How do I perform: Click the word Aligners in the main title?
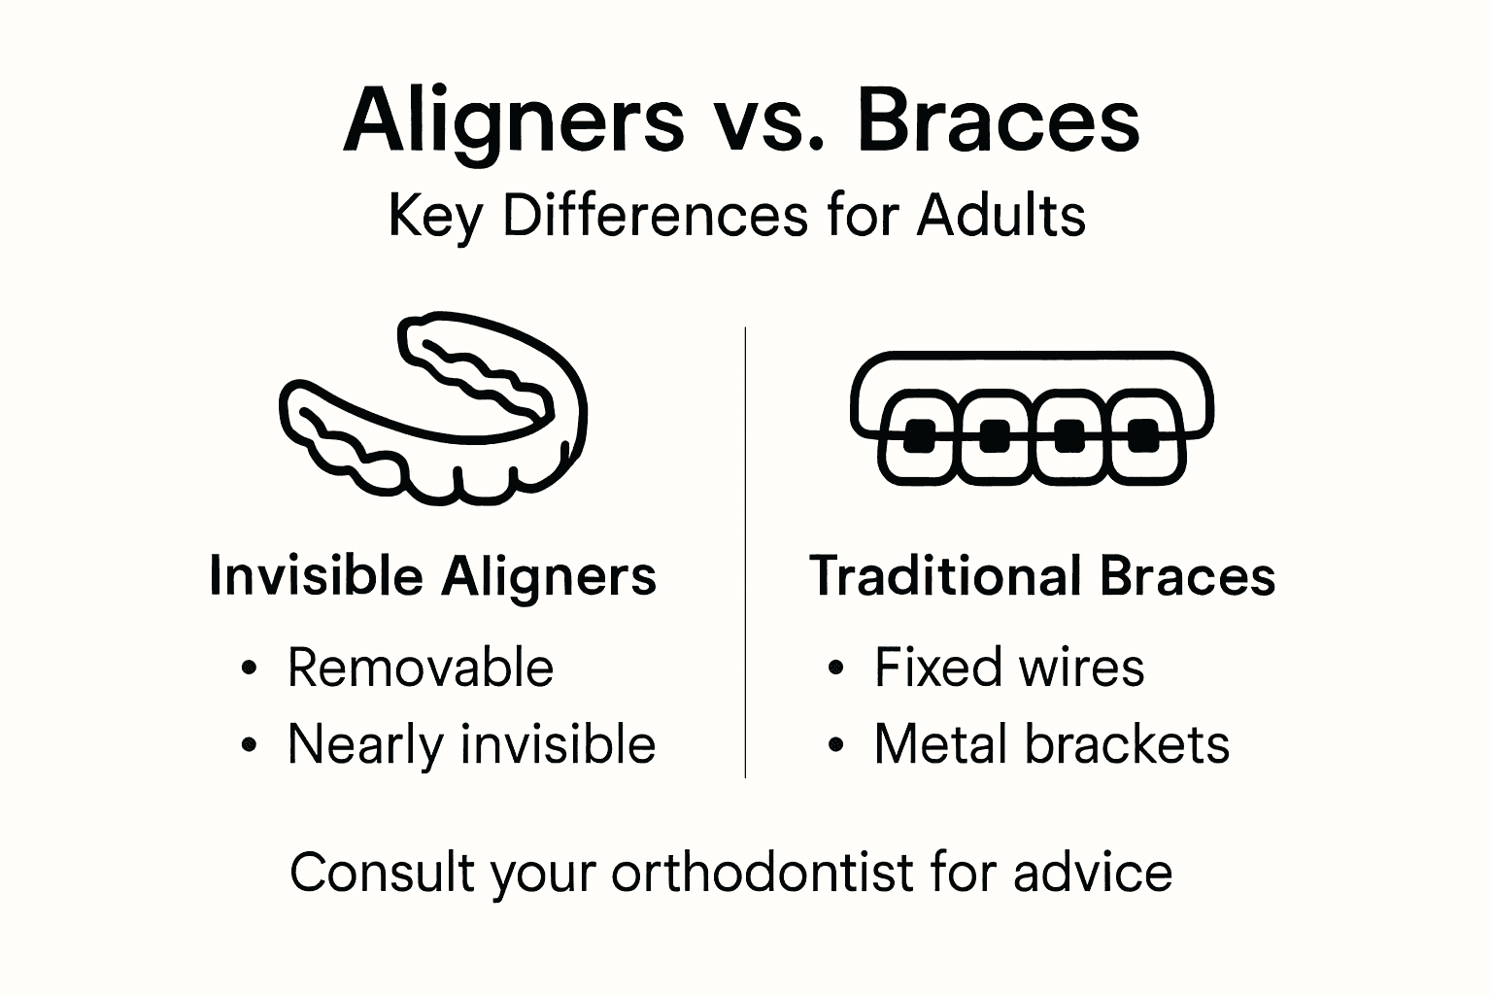[x=514, y=121]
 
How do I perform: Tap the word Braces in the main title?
[x=1000, y=121]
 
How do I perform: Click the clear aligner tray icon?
[x=433, y=408]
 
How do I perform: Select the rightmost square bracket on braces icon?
[x=1142, y=436]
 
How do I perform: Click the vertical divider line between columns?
[x=745, y=554]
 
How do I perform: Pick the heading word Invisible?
[x=316, y=575]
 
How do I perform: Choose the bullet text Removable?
[x=421, y=669]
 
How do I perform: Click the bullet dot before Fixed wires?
[x=835, y=669]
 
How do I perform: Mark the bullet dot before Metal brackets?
[x=835, y=746]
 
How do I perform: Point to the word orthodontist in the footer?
[x=763, y=872]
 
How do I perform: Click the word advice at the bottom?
[x=1092, y=872]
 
